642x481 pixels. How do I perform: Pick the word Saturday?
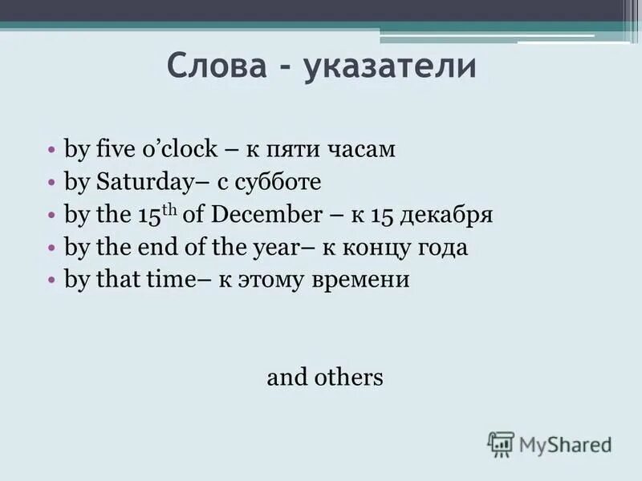pos(140,183)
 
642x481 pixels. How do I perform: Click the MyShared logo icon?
pos(501,444)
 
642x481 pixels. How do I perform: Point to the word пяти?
pos(299,150)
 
